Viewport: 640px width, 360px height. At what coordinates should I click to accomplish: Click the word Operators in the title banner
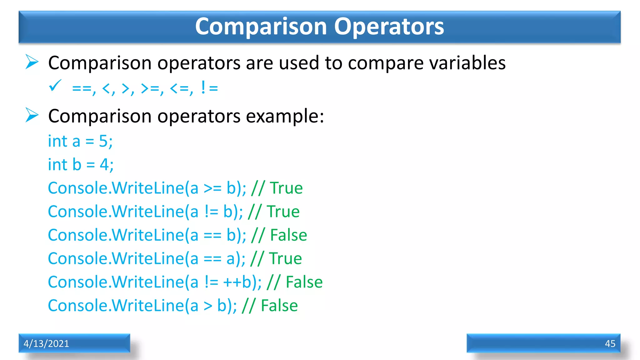pyautogui.click(x=389, y=27)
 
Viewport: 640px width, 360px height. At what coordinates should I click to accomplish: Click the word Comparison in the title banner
pyautogui.click(x=261, y=27)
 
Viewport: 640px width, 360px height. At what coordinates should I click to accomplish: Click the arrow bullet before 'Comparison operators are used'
pyautogui.click(x=32, y=62)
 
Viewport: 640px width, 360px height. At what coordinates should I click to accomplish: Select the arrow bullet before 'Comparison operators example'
pyautogui.click(x=32, y=115)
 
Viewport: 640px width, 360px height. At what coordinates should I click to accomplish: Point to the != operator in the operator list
pyautogui.click(x=209, y=88)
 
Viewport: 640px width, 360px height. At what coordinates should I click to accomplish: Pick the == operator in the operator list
pyautogui.click(x=82, y=89)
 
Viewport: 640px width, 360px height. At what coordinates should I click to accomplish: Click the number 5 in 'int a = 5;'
pyautogui.click(x=103, y=141)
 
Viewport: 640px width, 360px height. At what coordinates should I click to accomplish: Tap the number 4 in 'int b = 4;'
pyautogui.click(x=104, y=165)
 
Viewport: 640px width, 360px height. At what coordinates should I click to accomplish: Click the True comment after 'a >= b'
pyautogui.click(x=286, y=188)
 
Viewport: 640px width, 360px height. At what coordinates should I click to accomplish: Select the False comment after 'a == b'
pyautogui.click(x=288, y=235)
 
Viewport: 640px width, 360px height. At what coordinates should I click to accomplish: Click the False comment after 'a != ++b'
pyautogui.click(x=304, y=282)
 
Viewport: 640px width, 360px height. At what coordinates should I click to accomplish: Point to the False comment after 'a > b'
pyautogui.click(x=279, y=306)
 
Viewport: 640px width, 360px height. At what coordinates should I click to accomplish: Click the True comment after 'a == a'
pyautogui.click(x=285, y=259)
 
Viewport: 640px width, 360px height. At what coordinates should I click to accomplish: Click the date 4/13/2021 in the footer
pyautogui.click(x=46, y=343)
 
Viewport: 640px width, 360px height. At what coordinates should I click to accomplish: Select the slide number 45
pyautogui.click(x=610, y=343)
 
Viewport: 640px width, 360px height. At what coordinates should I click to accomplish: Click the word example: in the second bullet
pyautogui.click(x=285, y=116)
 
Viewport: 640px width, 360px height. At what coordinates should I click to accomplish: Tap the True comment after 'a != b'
pyautogui.click(x=283, y=212)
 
